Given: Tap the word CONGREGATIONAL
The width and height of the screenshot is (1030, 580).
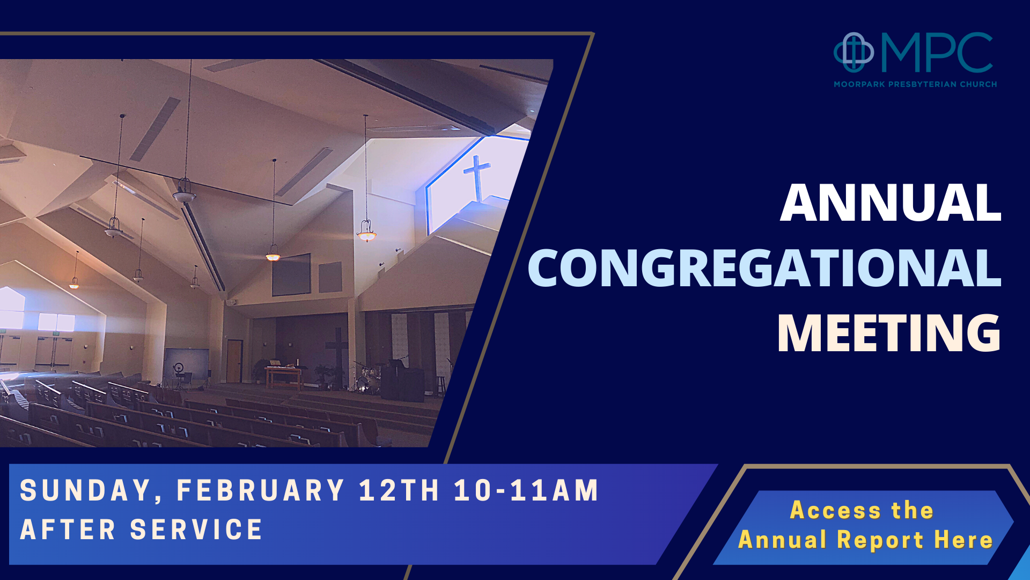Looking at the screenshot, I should [764, 268].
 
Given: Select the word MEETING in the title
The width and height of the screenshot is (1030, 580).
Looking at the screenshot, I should [889, 334].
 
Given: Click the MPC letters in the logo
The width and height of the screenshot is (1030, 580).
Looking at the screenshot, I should [937, 53].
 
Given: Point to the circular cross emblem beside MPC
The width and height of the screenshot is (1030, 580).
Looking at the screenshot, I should [853, 52].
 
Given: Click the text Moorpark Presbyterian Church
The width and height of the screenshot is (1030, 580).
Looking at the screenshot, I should [915, 84].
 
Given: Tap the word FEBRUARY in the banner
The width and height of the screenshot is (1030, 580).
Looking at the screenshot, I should [261, 490].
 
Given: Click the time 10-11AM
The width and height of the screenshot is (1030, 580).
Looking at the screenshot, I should [526, 490].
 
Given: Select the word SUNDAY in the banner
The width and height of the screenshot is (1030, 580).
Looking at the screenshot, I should [86, 490].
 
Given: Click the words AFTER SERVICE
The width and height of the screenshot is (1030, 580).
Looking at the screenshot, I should [142, 530].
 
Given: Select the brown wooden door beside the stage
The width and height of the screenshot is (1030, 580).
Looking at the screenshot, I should [234, 361].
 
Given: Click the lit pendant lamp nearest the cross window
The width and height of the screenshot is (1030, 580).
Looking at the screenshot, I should [366, 232].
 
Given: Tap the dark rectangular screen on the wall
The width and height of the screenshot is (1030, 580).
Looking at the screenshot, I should [291, 275].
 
